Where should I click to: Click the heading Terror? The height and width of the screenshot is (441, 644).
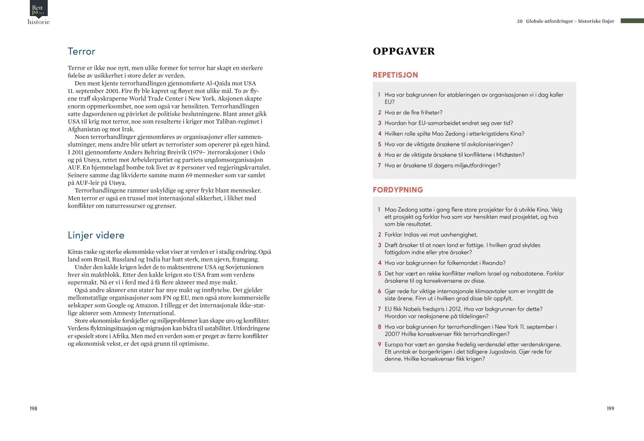tap(82, 51)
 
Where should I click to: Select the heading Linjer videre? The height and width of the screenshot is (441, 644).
tap(96, 235)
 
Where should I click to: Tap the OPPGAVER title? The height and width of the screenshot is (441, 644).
tap(404, 51)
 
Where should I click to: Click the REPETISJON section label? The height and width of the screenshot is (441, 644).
tap(395, 75)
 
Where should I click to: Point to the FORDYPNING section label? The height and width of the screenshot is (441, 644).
tap(398, 190)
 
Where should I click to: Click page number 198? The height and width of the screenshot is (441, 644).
tap(33, 408)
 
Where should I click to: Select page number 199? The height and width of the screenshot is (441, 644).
tap(610, 408)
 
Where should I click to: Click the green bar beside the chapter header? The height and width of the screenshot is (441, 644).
tap(632, 21)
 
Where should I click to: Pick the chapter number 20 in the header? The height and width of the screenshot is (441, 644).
tap(520, 21)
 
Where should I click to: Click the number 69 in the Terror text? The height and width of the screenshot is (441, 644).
tap(189, 175)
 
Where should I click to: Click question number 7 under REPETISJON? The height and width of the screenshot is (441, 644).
tap(379, 165)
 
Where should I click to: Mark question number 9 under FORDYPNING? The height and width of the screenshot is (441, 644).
tap(379, 344)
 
